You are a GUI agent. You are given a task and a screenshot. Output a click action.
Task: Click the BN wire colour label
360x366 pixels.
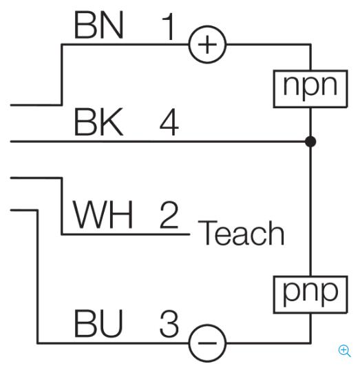98,25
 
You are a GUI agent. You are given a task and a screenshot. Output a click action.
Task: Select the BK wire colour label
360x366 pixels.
98,121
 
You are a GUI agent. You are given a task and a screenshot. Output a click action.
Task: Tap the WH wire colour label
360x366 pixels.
103,214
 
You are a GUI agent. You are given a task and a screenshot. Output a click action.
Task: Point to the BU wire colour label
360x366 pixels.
98,323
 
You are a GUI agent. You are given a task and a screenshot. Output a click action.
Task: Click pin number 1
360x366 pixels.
169,26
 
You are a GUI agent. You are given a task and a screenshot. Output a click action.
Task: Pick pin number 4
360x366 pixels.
169,121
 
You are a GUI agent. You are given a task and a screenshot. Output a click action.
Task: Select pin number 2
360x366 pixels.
169,214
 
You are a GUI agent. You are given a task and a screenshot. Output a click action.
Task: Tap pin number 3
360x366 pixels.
169,323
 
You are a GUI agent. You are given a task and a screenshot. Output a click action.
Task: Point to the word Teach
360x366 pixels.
241,233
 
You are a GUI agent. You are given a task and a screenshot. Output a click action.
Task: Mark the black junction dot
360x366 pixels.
310,141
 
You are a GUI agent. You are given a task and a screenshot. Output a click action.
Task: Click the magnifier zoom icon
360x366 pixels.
344,351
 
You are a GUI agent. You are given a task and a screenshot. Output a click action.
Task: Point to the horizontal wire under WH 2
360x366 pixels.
126,234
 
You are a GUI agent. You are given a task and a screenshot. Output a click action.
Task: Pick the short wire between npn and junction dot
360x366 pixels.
310,122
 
